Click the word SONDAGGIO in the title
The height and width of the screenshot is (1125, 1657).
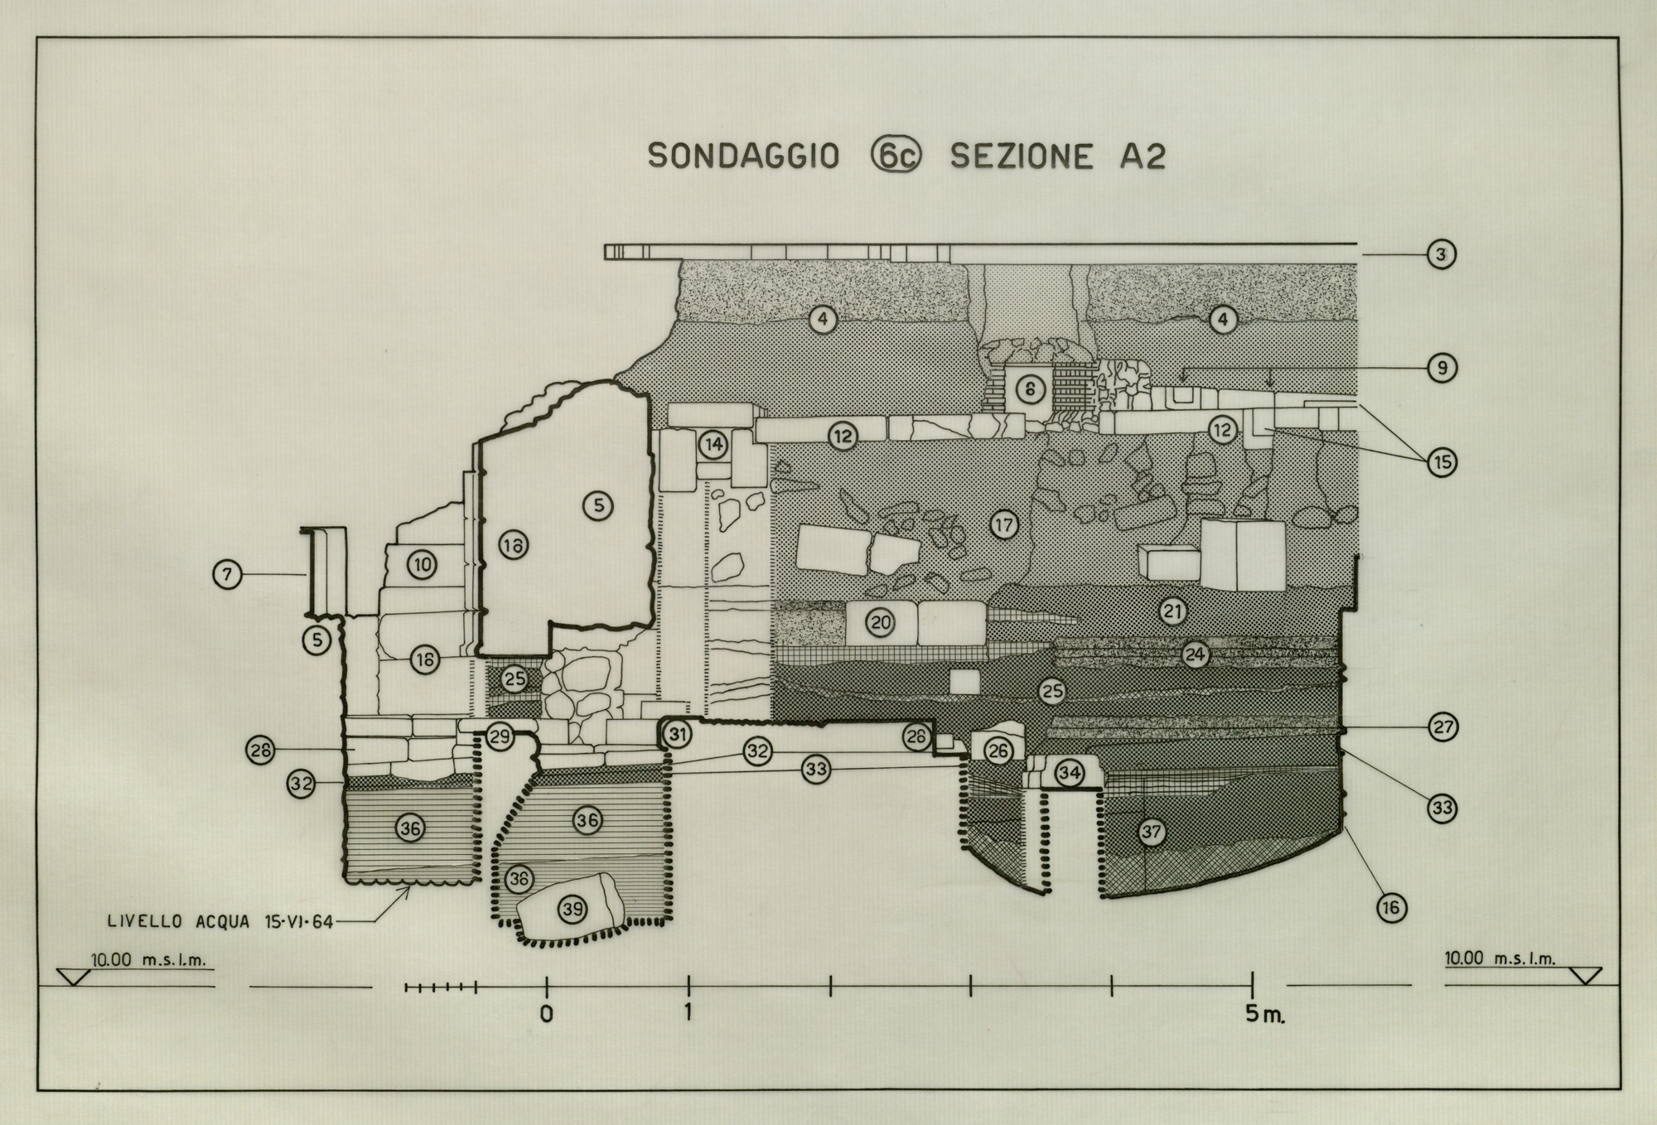(x=743, y=156)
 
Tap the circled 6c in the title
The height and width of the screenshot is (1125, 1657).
(x=896, y=156)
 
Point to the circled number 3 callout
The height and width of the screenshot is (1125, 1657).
(x=1442, y=254)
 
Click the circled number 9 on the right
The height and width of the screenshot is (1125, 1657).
(x=1442, y=368)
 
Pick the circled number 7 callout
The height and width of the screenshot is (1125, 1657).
(x=228, y=573)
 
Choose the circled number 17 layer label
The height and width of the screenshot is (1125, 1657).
(x=1003, y=524)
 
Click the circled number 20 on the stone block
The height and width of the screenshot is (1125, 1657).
(x=880, y=622)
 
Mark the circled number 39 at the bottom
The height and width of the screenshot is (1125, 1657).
(x=572, y=909)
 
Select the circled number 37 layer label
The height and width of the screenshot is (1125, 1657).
(x=1152, y=832)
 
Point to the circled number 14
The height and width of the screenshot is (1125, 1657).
(x=713, y=445)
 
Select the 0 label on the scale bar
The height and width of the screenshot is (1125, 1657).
(x=546, y=1014)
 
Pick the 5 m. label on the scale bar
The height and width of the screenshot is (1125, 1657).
(x=1265, y=1014)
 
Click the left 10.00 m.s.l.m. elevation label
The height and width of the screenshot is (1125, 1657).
(x=148, y=960)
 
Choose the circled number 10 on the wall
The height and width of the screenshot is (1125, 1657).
(x=423, y=565)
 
